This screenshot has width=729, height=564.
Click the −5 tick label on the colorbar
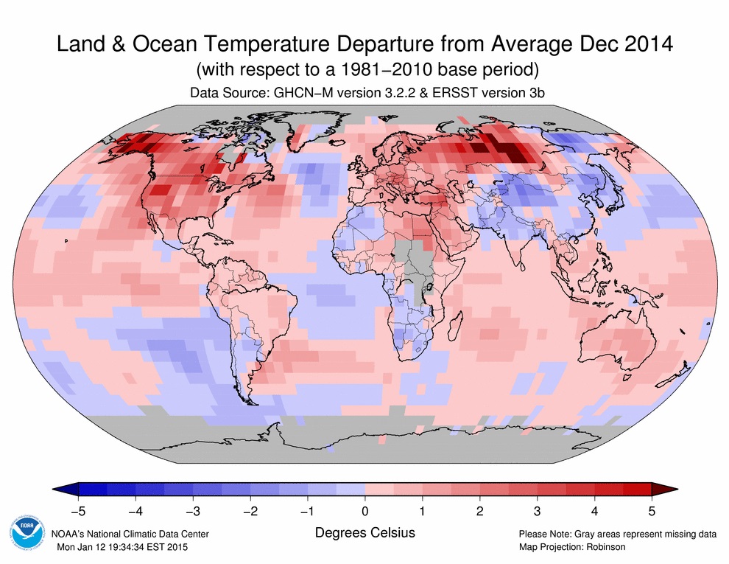point(77,510)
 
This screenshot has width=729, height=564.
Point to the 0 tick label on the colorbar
point(365,510)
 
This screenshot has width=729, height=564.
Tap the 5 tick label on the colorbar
point(651,510)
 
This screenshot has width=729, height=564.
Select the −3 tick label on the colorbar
point(192,510)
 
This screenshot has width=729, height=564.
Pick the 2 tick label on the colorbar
point(479,510)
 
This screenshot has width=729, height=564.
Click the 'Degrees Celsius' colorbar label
point(364,532)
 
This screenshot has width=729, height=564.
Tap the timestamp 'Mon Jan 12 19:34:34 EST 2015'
point(126,546)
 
